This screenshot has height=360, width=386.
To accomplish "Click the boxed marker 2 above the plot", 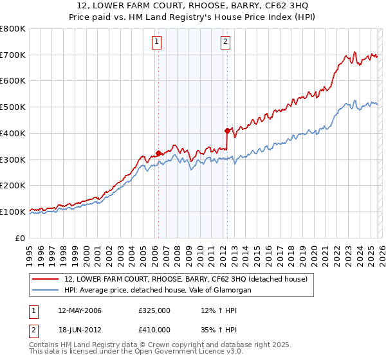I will (x=226, y=42).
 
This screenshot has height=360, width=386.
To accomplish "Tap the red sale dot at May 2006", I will (x=158, y=153).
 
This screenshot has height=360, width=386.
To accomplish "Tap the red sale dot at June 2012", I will (x=227, y=130).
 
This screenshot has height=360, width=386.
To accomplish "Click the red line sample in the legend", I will (x=45, y=280).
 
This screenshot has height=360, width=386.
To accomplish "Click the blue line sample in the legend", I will (x=45, y=291).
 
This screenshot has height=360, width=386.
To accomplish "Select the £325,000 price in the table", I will (x=154, y=310).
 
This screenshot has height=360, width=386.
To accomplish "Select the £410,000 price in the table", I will (x=154, y=329).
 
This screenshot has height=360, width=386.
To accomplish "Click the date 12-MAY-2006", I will (x=80, y=310).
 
